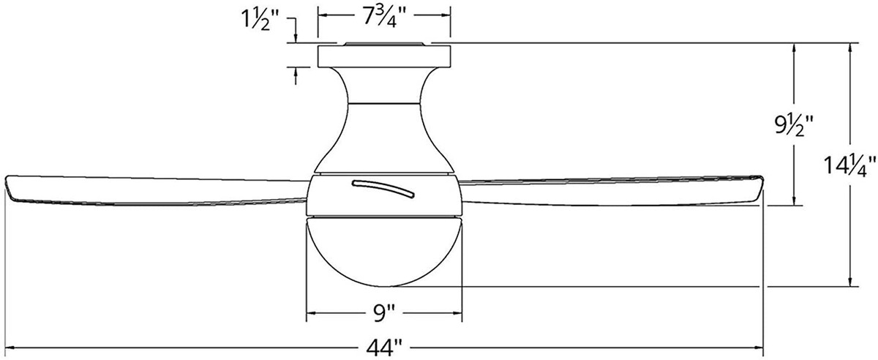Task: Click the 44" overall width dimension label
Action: click(x=385, y=348)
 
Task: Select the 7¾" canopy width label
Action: click(x=385, y=18)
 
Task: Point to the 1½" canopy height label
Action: click(x=260, y=19)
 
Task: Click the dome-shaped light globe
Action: click(x=384, y=252)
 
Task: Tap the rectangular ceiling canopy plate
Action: click(x=384, y=56)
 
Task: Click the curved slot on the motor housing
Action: click(x=383, y=189)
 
